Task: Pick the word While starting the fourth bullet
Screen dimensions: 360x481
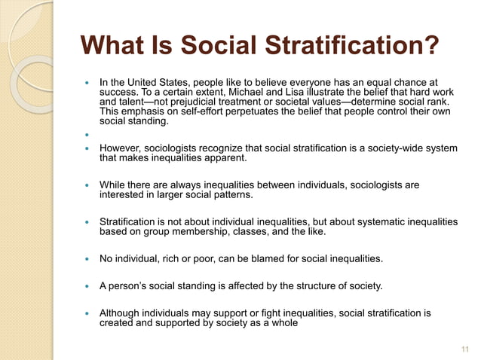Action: (x=112, y=185)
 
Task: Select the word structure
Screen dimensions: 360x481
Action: (x=290, y=286)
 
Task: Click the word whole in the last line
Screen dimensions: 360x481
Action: (x=282, y=323)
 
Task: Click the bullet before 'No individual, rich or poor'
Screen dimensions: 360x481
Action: (x=87, y=260)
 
